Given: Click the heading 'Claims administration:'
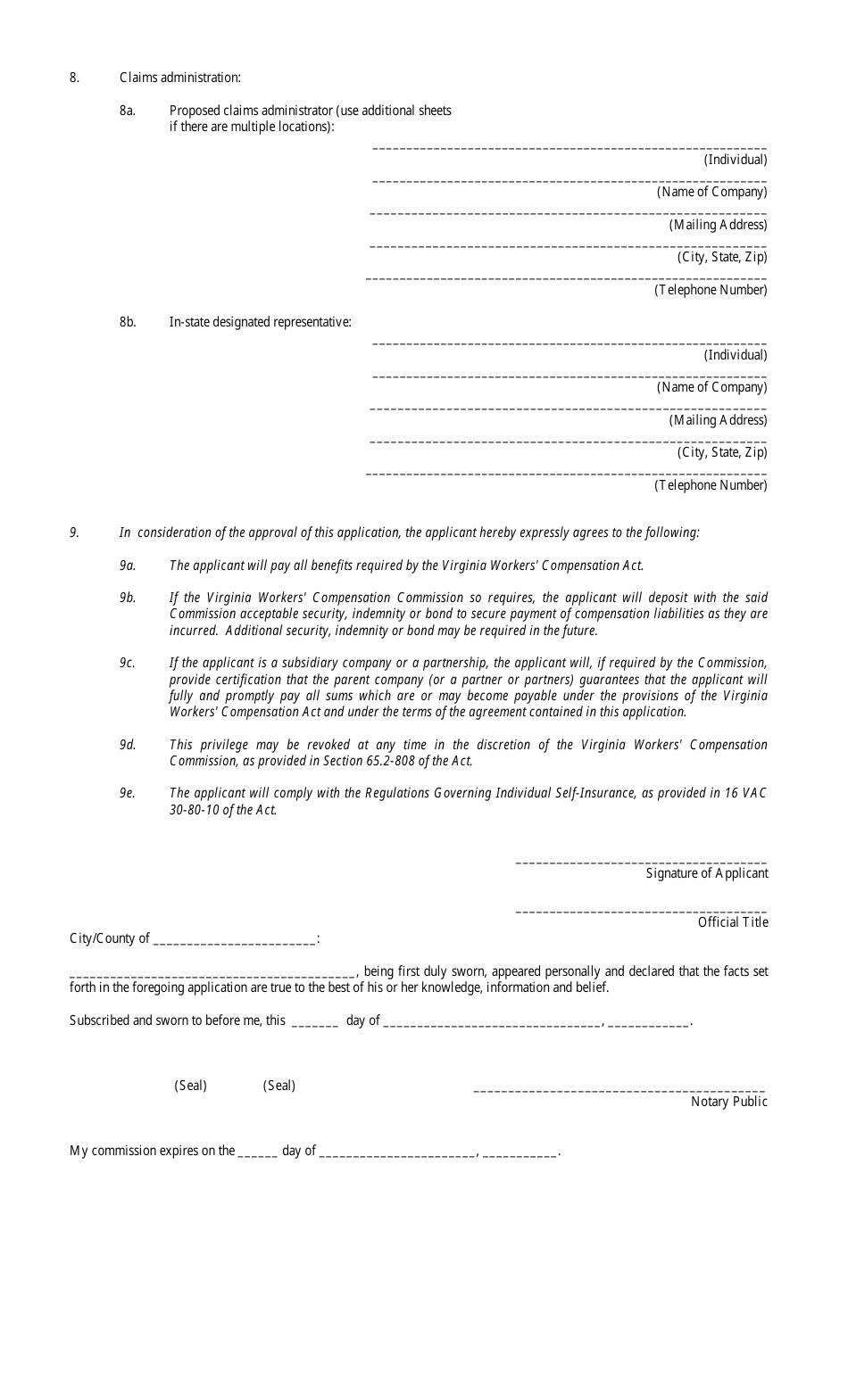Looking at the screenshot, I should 179,78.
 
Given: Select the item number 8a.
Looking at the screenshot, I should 128,111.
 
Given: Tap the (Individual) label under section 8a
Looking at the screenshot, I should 735,160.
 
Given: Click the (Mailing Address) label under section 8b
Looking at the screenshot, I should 718,420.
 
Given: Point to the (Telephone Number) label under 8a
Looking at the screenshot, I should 711,290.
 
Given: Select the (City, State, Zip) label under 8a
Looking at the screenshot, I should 721,257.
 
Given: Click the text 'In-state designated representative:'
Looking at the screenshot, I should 260,322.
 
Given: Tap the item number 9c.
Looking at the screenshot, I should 127,663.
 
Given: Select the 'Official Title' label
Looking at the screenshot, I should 732,922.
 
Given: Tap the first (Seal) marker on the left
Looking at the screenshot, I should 190,1086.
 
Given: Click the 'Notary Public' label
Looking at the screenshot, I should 728,1102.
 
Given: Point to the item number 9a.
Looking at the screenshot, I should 127,566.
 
